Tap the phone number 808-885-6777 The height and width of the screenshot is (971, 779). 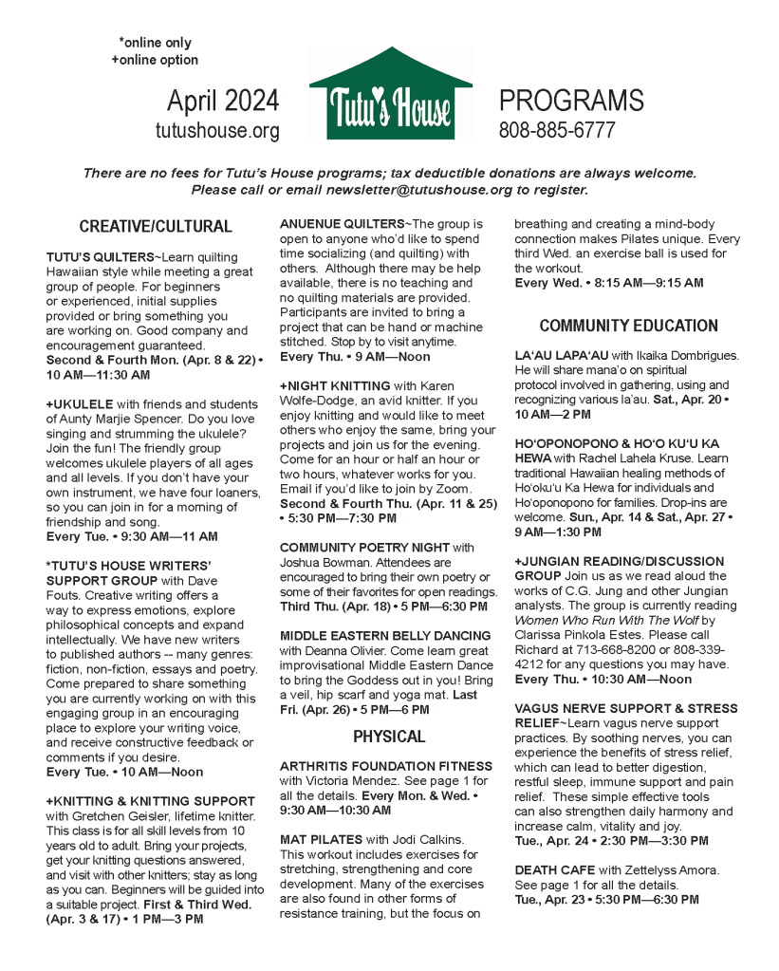pyautogui.click(x=557, y=131)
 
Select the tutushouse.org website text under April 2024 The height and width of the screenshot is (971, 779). pyautogui.click(x=217, y=131)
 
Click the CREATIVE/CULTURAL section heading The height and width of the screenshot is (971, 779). pyautogui.click(x=156, y=226)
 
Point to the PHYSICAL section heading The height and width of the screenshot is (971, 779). pyautogui.click(x=389, y=737)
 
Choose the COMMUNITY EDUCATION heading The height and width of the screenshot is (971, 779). pyautogui.click(x=628, y=326)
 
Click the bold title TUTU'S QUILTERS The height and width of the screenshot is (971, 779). pyautogui.click(x=100, y=258)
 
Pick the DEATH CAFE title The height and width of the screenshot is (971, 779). pyautogui.click(x=555, y=869)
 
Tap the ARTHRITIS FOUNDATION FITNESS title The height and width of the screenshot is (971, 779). pyautogui.click(x=386, y=766)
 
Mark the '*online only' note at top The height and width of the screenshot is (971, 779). pyautogui.click(x=155, y=43)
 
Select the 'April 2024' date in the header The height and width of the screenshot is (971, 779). pyautogui.click(x=223, y=101)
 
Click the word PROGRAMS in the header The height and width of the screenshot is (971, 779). pyautogui.click(x=570, y=101)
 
